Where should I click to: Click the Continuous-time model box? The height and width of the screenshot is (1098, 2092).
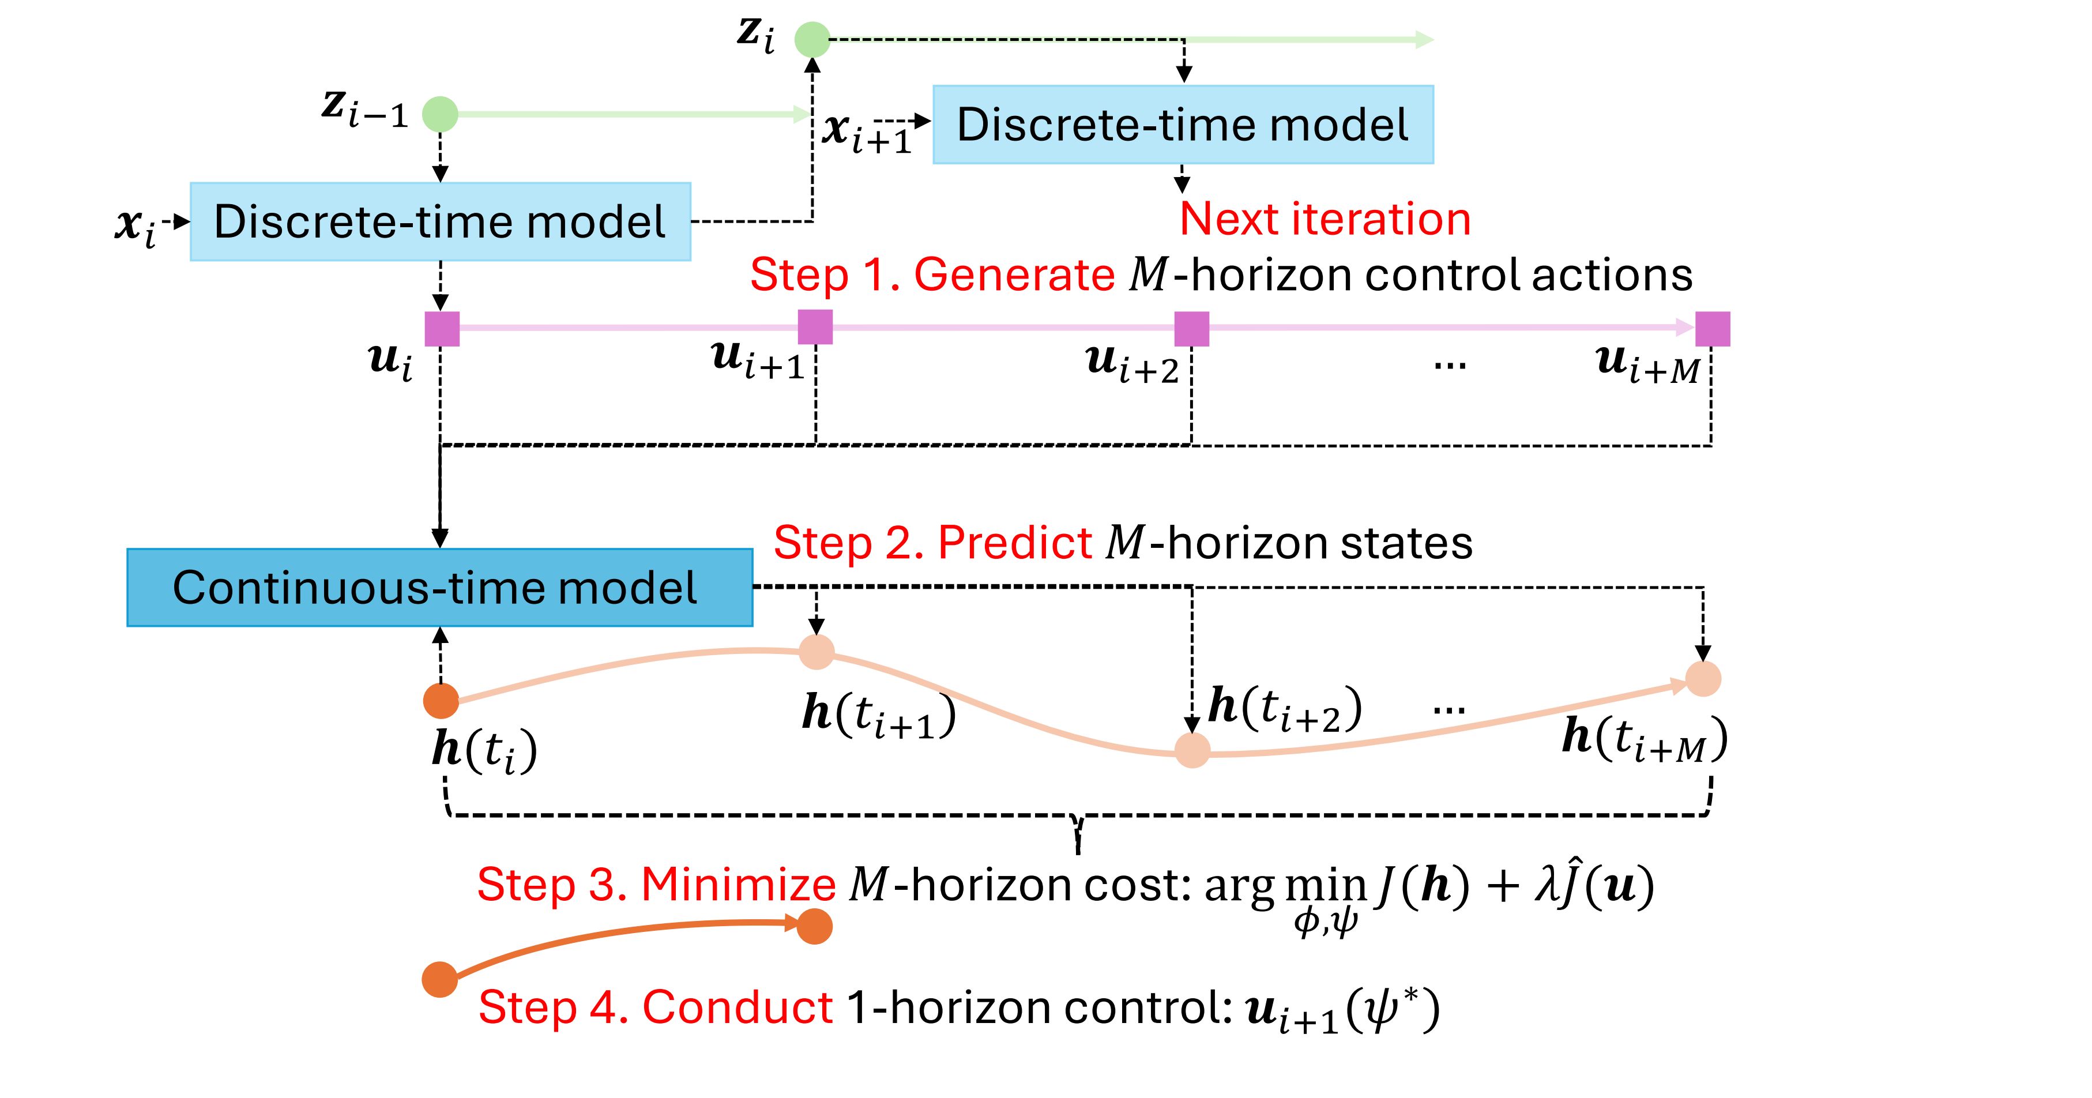click(439, 587)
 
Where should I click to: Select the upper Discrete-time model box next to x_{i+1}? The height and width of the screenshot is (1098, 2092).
click(1183, 124)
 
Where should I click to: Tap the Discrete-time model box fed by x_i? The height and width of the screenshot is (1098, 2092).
click(440, 221)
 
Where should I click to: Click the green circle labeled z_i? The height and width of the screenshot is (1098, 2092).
click(812, 39)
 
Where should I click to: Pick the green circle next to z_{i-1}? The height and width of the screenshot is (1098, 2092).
click(440, 115)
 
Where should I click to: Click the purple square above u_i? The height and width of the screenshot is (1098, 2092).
click(443, 329)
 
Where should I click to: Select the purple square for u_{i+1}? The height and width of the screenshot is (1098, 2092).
click(815, 328)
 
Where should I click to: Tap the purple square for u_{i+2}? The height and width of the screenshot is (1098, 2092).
click(1192, 329)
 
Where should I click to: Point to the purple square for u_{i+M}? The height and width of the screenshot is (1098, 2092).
click(1713, 329)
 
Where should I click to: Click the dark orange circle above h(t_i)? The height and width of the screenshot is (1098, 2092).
click(442, 701)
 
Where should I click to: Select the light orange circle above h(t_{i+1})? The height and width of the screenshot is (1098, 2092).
click(817, 651)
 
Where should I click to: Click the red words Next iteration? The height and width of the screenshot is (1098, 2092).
click(1325, 219)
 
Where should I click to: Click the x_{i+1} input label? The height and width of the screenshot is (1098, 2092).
click(867, 133)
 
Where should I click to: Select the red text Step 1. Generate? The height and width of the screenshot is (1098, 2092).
click(932, 274)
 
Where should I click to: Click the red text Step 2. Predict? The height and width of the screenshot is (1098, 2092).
click(933, 543)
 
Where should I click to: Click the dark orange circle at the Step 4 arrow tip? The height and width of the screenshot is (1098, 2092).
click(815, 927)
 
